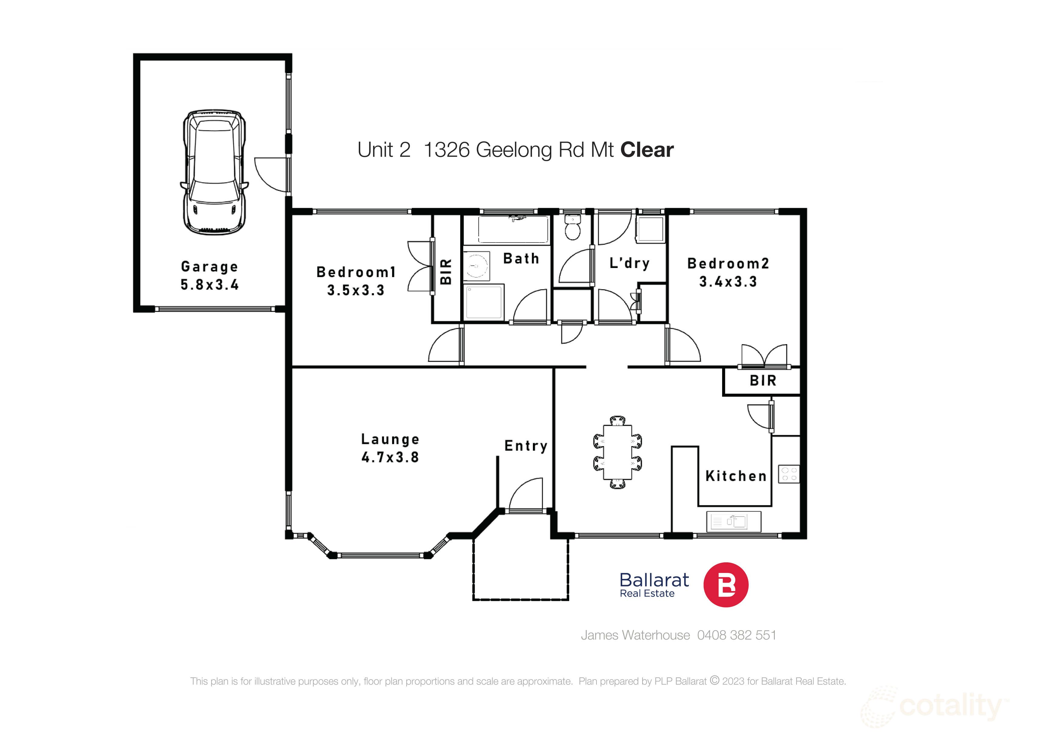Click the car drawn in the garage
pyautogui.click(x=214, y=172)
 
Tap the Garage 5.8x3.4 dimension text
pyautogui.click(x=210, y=284)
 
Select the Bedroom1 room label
pyautogui.click(x=356, y=272)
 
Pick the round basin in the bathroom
pyautogui.click(x=476, y=266)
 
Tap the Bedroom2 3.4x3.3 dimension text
pyautogui.click(x=728, y=282)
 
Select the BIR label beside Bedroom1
pyautogui.click(x=446, y=272)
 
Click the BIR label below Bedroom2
pyautogui.click(x=763, y=381)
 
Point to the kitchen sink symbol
pyautogui.click(x=733, y=521)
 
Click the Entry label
pyautogui.click(x=526, y=446)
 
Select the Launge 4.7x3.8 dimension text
pyautogui.click(x=390, y=457)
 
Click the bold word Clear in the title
pyautogui.click(x=646, y=150)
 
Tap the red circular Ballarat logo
pyautogui.click(x=726, y=584)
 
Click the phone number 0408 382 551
pyautogui.click(x=737, y=635)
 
